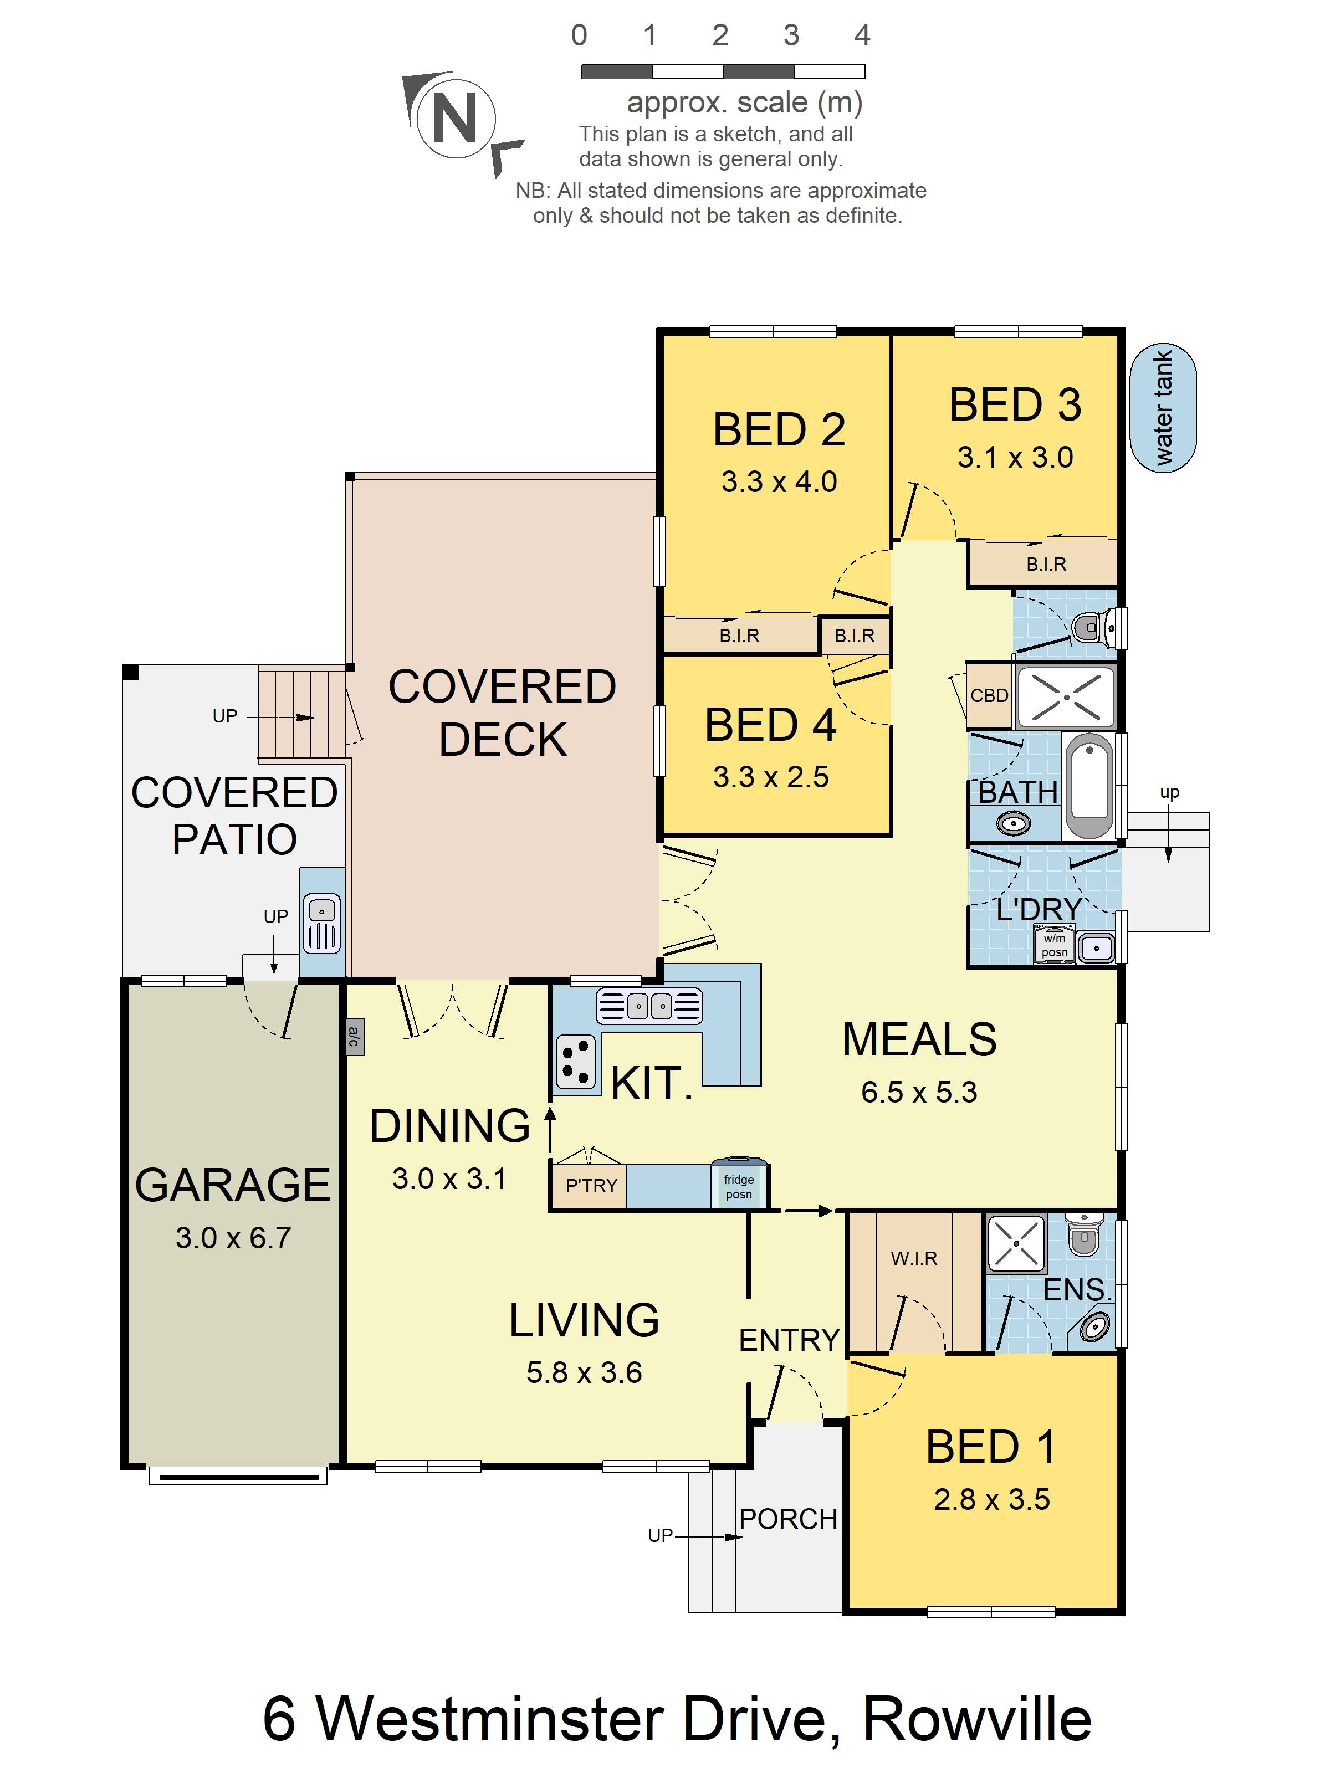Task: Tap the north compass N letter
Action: point(454,116)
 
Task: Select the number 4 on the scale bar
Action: point(862,35)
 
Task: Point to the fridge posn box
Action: point(739,1184)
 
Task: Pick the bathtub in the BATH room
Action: point(1089,786)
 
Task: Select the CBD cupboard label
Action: point(989,695)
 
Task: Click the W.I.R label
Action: point(914,1258)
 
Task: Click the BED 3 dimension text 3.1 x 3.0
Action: point(1015,458)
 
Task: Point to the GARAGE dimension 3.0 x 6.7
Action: point(233,1238)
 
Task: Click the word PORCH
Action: point(788,1519)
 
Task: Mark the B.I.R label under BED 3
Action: point(1046,564)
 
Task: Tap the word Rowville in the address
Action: point(977,1719)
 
